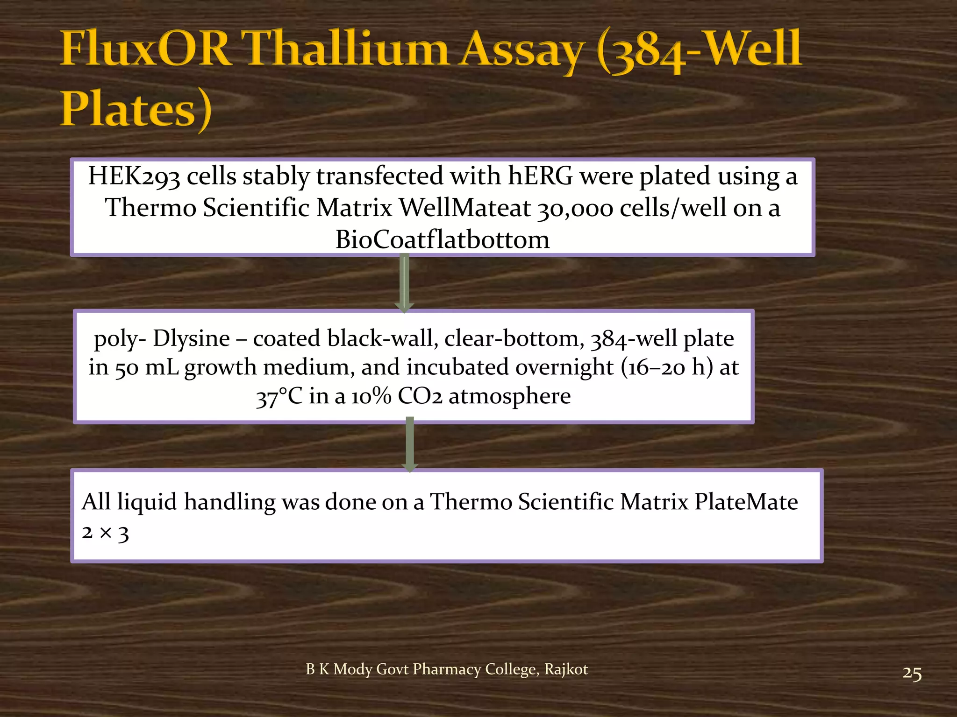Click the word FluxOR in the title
(146, 49)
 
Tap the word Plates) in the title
(136, 109)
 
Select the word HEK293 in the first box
(134, 177)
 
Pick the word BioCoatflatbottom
(443, 239)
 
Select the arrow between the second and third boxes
(410, 445)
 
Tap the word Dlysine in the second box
(192, 338)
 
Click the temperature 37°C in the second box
(279, 397)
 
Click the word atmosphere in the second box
(510, 396)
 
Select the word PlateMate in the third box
(746, 502)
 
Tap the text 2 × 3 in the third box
(105, 533)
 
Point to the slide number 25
(912, 674)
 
